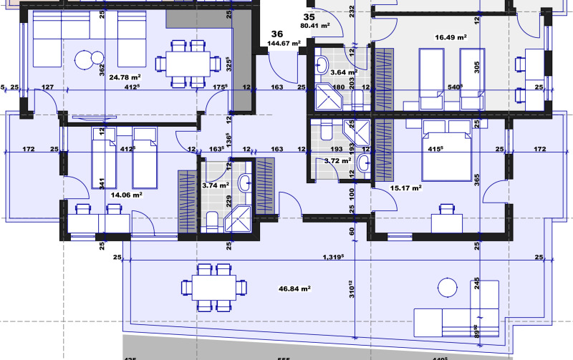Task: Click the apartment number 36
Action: tap(277, 33)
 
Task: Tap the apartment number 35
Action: tap(309, 16)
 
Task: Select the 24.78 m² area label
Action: tap(125, 77)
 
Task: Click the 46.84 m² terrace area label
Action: tap(294, 288)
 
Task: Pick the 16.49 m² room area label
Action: tap(451, 37)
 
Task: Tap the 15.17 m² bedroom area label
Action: tap(405, 188)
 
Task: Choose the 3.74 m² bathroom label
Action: tap(215, 185)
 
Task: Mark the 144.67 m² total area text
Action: tap(283, 44)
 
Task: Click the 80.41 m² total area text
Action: tap(314, 26)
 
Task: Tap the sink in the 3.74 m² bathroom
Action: tap(245, 183)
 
